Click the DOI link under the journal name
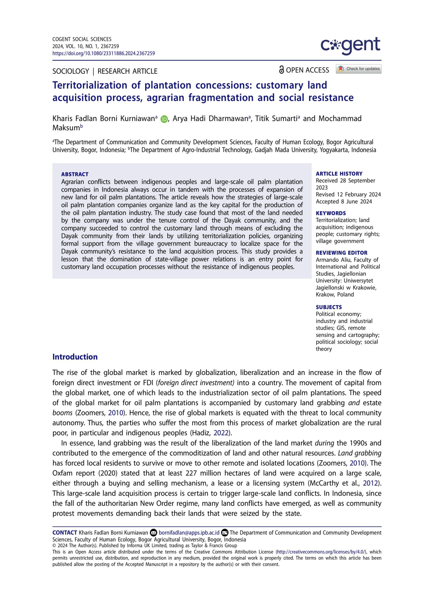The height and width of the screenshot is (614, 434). pos(104,53)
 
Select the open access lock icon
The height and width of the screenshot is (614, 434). pos(281,70)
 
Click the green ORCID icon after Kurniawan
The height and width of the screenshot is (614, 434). pos(164,119)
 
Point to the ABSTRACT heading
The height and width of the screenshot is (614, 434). pos(75,174)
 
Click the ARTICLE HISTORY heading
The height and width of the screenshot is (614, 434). pos(339,174)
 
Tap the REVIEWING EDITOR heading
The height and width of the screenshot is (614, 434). pos(341,253)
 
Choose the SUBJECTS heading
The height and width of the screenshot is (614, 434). pos(329,307)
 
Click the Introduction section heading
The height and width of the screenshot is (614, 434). pos(75,357)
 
